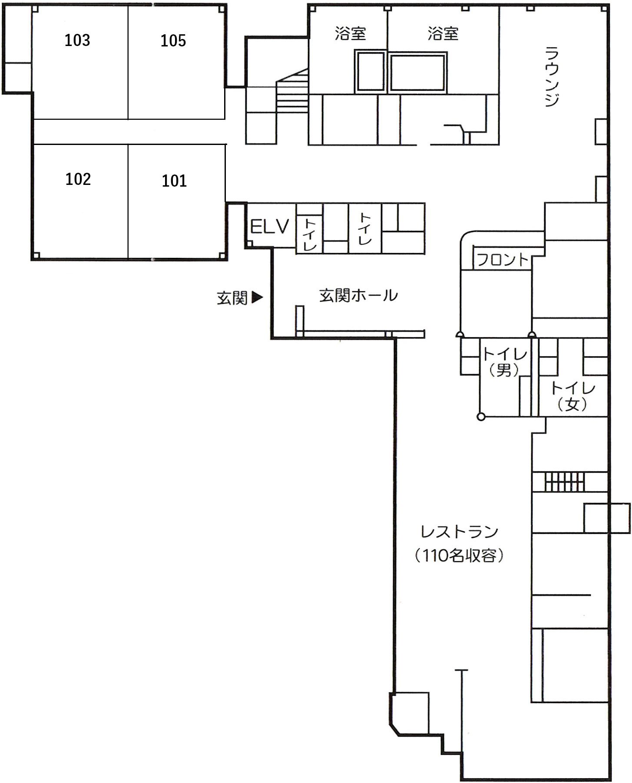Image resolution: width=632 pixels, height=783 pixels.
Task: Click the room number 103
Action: tap(77, 40)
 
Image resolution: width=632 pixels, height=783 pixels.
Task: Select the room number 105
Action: tap(173, 41)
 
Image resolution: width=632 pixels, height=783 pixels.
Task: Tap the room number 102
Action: tap(78, 179)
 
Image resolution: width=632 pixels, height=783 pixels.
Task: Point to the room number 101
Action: tap(174, 181)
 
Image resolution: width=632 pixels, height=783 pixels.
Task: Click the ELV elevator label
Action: tap(270, 227)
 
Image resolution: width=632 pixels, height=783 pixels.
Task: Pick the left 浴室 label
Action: tap(350, 33)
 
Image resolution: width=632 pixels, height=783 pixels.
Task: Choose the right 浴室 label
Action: tap(443, 33)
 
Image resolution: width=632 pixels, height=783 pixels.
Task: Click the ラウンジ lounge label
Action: tap(552, 76)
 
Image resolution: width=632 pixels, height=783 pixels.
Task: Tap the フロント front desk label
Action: tap(503, 260)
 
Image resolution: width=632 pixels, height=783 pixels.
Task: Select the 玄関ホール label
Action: tap(358, 296)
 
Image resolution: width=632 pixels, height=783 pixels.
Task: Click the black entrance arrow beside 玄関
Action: tap(258, 298)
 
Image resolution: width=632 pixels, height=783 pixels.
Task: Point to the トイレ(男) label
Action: tap(504, 362)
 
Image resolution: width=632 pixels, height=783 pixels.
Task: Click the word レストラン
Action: tap(459, 532)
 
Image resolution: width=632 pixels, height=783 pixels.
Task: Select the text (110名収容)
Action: tap(459, 556)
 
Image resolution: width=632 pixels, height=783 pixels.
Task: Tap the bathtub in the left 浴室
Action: tap(370, 72)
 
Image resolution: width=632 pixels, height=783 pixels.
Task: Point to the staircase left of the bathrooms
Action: tap(292, 93)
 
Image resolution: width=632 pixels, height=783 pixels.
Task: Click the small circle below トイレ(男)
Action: tap(481, 417)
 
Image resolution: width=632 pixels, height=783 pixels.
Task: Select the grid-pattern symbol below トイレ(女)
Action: tap(565, 482)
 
